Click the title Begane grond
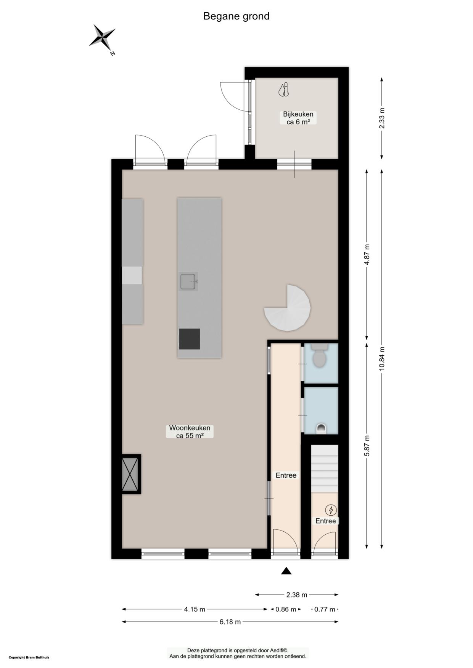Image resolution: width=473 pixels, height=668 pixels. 236,16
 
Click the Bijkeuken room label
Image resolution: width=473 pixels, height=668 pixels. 298,118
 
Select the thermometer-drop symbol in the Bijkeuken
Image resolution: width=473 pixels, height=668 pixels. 284,90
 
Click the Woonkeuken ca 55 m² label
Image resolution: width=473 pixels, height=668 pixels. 190,431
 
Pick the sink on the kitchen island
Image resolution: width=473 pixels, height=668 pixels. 188,282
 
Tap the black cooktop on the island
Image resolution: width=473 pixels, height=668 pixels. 190,339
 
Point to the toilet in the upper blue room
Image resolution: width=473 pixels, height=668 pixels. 319,357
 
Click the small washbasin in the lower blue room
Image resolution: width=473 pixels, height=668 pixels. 322,428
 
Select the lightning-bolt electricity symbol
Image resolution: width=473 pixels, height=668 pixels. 330,510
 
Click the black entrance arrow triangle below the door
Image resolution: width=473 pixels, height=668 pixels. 286,571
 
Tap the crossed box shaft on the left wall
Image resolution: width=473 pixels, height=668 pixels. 130,474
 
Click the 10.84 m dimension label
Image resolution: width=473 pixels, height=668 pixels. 382,358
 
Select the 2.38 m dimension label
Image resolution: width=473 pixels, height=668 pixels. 296,594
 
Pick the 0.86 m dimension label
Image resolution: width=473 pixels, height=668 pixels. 286,609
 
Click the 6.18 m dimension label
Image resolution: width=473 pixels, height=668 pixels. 230,622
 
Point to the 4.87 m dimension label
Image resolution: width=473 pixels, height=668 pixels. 367,255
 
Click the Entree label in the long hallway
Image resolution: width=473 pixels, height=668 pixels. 286,475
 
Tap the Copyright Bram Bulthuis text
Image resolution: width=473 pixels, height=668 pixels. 29,657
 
